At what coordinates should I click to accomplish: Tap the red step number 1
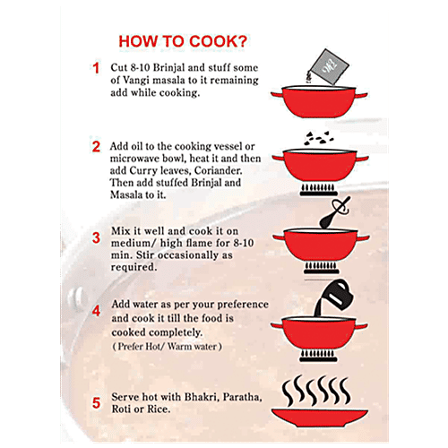tap(96, 68)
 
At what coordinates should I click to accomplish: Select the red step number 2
tap(96, 146)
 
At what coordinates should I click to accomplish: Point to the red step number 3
tap(96, 237)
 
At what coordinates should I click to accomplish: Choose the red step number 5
tap(96, 402)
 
